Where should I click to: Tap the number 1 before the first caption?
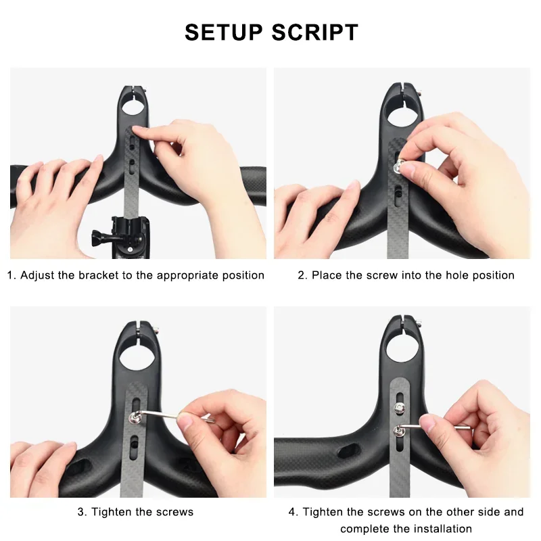[10, 275]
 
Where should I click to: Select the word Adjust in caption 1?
[38, 275]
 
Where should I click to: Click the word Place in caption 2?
[326, 275]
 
